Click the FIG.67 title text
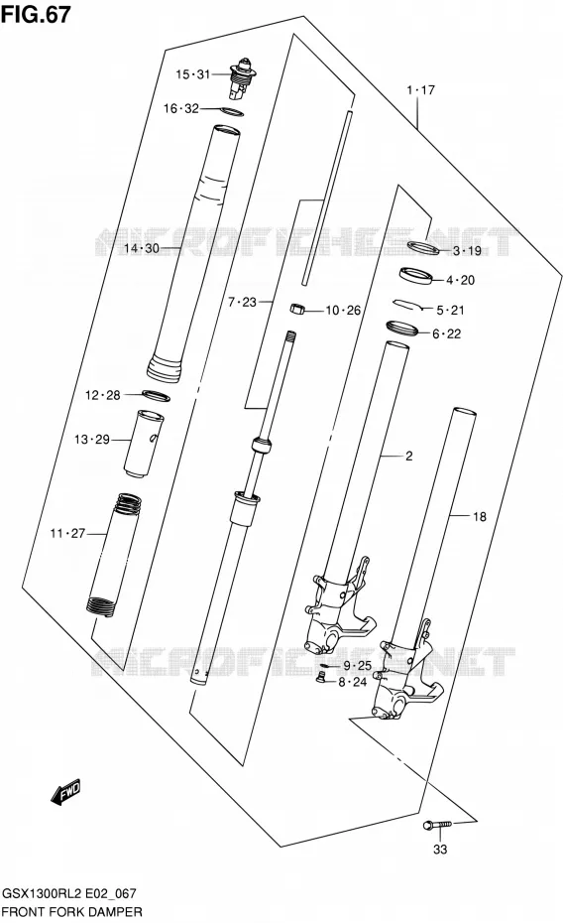pyautogui.click(x=36, y=14)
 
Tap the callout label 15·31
pyautogui.click(x=192, y=74)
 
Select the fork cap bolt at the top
pyautogui.click(x=242, y=78)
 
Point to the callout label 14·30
pyautogui.click(x=141, y=248)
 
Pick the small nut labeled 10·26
pyautogui.click(x=298, y=309)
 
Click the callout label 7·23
pyautogui.click(x=242, y=302)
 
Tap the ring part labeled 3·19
pyautogui.click(x=423, y=247)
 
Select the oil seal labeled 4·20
pyautogui.click(x=416, y=275)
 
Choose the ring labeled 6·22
pyautogui.click(x=402, y=328)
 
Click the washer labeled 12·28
pyautogui.click(x=156, y=396)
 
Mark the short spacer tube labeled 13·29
pyautogui.click(x=144, y=442)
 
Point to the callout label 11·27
pyautogui.click(x=67, y=533)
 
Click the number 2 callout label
pyautogui.click(x=409, y=457)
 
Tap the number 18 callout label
pyautogui.click(x=480, y=516)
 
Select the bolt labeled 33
pyautogui.click(x=437, y=826)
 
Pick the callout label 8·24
pyautogui.click(x=353, y=682)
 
